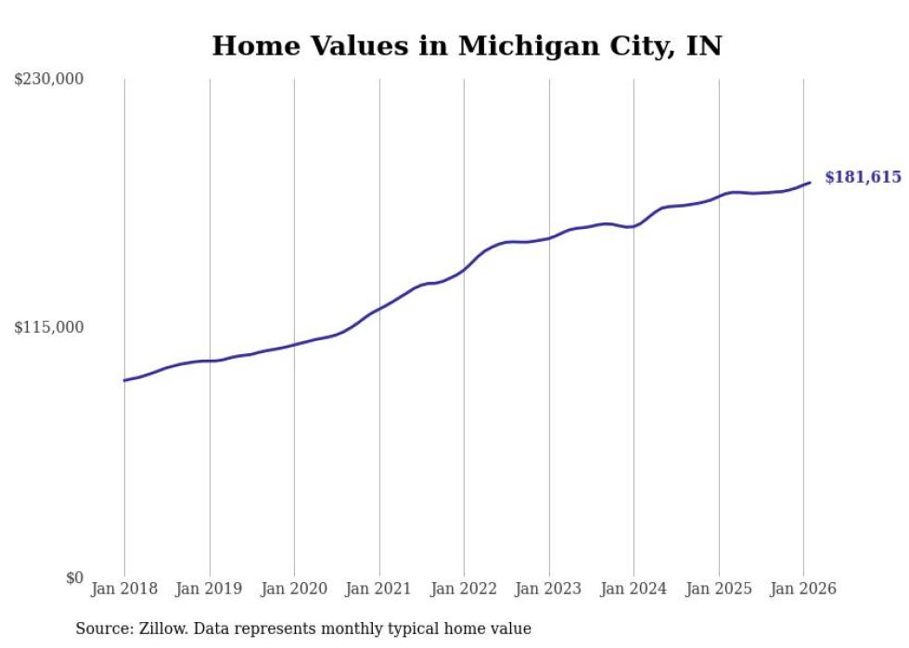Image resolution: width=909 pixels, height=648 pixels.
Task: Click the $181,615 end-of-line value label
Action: click(x=862, y=177)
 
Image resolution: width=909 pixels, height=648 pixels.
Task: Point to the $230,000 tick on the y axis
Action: click(x=49, y=80)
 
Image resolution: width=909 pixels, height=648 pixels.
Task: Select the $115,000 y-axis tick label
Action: click(x=49, y=327)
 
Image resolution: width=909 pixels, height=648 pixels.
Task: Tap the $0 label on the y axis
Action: click(x=74, y=578)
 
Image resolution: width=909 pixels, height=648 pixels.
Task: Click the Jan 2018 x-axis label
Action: click(x=124, y=589)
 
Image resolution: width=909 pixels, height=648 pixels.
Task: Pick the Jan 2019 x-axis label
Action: click(x=210, y=589)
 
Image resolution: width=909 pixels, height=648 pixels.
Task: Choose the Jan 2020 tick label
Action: click(x=294, y=589)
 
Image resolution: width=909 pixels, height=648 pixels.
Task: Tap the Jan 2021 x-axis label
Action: click(x=379, y=589)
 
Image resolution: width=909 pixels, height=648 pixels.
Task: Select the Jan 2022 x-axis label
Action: click(x=464, y=589)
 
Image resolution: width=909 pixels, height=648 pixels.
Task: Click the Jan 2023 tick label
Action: click(x=549, y=589)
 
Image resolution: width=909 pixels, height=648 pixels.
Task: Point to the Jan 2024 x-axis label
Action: click(x=634, y=589)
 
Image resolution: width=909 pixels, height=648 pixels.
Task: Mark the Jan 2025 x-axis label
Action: click(x=719, y=589)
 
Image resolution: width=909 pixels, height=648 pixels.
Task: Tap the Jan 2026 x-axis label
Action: click(x=803, y=589)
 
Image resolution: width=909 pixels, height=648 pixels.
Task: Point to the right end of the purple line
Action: click(x=810, y=183)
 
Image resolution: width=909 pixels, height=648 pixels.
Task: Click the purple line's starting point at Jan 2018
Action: click(x=124, y=380)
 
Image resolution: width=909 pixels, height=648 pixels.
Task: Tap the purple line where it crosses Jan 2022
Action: click(x=464, y=269)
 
